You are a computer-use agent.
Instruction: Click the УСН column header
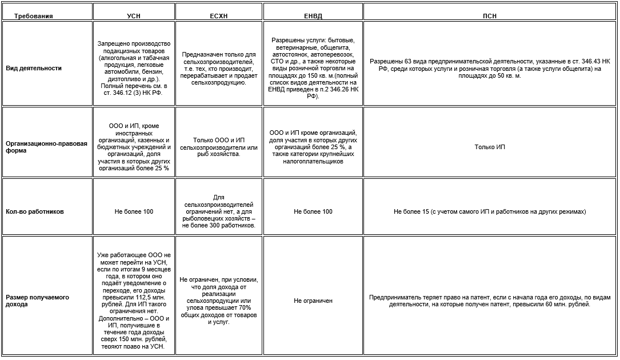[133, 16]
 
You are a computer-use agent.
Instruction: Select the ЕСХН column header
[219, 16]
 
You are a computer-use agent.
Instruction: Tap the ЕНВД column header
[313, 16]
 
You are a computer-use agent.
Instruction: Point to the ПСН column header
[490, 16]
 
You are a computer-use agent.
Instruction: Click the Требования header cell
[33, 16]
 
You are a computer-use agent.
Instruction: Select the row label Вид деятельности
[34, 68]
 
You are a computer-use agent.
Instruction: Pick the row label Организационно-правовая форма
[46, 147]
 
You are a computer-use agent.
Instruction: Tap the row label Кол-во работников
[35, 211]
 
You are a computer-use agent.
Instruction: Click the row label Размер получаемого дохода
[37, 301]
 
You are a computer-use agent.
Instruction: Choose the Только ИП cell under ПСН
[490, 147]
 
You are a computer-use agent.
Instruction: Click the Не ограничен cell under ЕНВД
[313, 301]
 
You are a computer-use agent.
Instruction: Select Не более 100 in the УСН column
[134, 211]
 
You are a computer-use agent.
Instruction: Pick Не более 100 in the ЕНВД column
[313, 211]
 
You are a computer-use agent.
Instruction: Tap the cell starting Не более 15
[490, 211]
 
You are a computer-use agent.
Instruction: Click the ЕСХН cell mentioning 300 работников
[219, 211]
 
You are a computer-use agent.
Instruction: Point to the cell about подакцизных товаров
[134, 68]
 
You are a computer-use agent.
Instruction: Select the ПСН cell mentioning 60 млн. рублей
[490, 301]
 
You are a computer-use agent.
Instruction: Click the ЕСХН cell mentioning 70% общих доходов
[219, 301]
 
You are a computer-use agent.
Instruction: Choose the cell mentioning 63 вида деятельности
[490, 68]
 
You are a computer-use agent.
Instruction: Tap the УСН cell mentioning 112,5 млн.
[134, 301]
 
